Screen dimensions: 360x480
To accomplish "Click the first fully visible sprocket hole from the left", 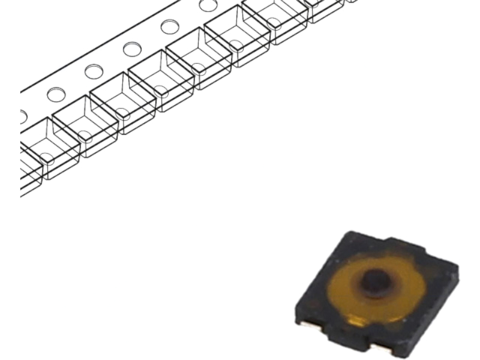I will (x=56, y=94).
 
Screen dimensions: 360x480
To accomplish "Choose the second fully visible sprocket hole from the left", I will (x=94, y=71).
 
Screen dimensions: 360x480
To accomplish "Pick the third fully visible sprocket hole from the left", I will (x=132, y=49).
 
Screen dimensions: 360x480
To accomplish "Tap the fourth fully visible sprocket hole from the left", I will (x=170, y=26).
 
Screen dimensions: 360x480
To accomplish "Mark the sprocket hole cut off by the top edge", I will (x=208, y=5).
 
